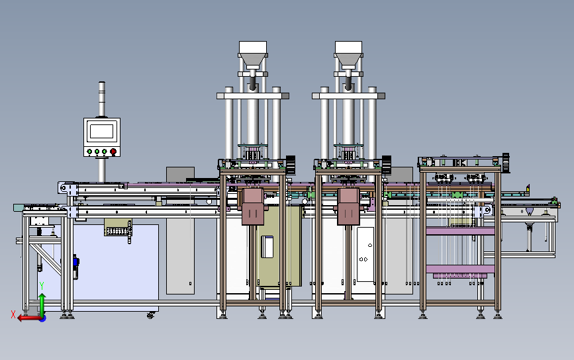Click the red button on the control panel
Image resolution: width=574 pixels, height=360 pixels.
point(113,151)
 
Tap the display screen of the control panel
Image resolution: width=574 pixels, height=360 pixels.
point(101,131)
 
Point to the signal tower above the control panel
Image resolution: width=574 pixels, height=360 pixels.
point(102,99)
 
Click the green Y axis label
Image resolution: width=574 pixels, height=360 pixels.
point(42,286)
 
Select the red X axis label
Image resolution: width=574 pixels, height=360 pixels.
point(13,314)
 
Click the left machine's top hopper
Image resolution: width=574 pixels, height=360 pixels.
point(253,54)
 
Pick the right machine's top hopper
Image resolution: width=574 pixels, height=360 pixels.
point(348,54)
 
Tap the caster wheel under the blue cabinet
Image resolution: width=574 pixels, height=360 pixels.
point(150,315)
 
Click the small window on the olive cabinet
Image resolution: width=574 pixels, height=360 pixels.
point(267,247)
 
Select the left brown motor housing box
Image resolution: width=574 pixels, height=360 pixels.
point(253,206)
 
